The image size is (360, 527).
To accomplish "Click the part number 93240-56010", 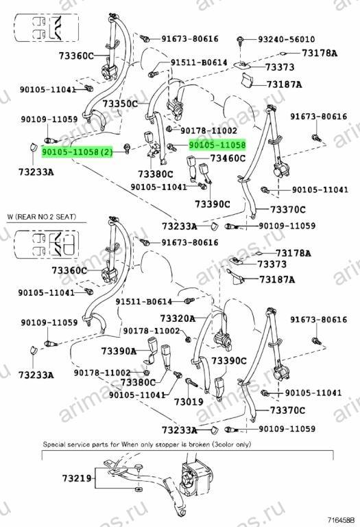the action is tap(287, 39).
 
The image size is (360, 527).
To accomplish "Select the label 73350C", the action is tap(120, 104).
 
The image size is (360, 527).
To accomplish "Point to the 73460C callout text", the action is tap(228, 158).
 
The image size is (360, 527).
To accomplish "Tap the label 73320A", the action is tap(178, 318).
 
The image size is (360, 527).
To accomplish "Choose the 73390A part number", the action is tap(119, 351).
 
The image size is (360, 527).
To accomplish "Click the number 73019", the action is tap(189, 401).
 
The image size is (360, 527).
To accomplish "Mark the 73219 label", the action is tap(77, 478).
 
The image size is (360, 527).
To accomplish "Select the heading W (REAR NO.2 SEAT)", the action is tap(42, 217).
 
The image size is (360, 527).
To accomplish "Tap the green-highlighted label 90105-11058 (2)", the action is tap(77, 152).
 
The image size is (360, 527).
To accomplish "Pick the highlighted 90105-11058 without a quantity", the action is tap(217, 145).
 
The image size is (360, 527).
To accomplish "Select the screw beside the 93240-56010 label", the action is tap(241, 40).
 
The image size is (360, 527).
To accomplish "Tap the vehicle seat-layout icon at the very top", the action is tap(47, 27).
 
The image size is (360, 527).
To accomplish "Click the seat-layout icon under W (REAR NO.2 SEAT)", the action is tap(47, 244).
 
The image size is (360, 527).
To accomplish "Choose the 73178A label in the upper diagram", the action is tap(320, 53).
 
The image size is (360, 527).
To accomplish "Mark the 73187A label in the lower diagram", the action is tap(277, 279).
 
